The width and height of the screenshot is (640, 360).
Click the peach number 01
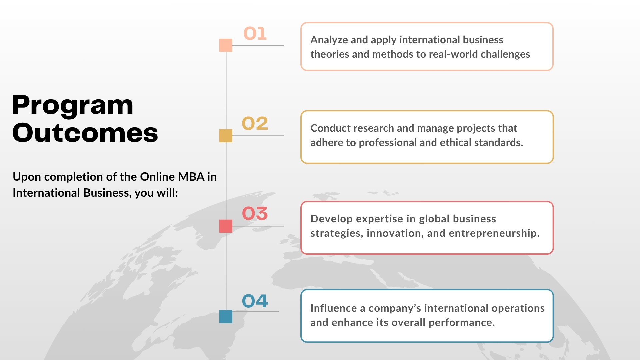point(255,34)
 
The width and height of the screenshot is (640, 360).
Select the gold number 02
point(255,123)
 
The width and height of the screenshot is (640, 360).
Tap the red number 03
point(255,213)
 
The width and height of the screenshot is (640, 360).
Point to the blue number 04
point(255,301)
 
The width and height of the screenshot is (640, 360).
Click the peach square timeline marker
point(226,45)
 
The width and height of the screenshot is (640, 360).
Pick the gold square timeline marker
point(226,136)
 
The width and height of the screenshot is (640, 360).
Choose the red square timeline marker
point(226,226)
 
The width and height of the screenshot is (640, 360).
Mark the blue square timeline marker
point(226,316)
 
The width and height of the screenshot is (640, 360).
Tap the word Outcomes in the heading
point(85,133)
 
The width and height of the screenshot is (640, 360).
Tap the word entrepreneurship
point(494,234)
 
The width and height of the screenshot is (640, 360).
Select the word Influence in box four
point(334,308)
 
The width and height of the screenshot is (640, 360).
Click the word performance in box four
point(462,323)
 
